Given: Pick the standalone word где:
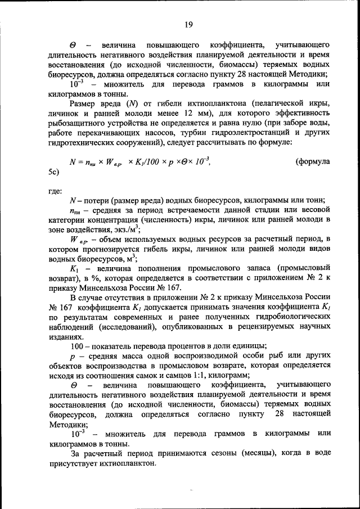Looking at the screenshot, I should (56, 191).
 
